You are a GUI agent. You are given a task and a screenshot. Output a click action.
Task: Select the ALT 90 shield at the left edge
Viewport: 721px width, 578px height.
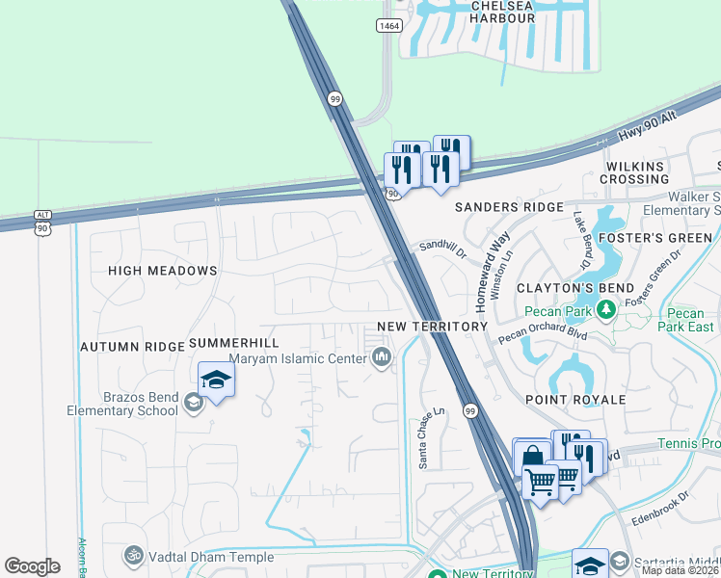pyautogui.click(x=41, y=222)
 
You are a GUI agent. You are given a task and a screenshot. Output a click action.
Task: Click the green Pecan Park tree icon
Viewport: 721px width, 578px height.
pyautogui.click(x=606, y=309)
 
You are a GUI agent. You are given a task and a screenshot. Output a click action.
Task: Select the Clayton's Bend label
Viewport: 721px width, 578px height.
pyautogui.click(x=575, y=288)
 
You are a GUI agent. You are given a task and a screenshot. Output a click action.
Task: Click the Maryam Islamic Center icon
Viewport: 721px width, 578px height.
pyautogui.click(x=383, y=359)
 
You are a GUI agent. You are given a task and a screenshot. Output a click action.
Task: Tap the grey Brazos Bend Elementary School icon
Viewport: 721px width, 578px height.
pyautogui.click(x=193, y=403)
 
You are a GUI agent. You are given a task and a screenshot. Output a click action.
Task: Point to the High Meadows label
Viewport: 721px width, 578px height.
pyautogui.click(x=163, y=271)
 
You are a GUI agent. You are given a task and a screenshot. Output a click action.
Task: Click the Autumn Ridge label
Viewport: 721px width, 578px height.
pyautogui.click(x=132, y=346)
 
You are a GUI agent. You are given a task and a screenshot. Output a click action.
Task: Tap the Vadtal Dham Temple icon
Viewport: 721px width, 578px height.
pyautogui.click(x=134, y=556)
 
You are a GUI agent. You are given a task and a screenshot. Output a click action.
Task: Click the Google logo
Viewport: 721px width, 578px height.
pyautogui.click(x=32, y=565)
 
